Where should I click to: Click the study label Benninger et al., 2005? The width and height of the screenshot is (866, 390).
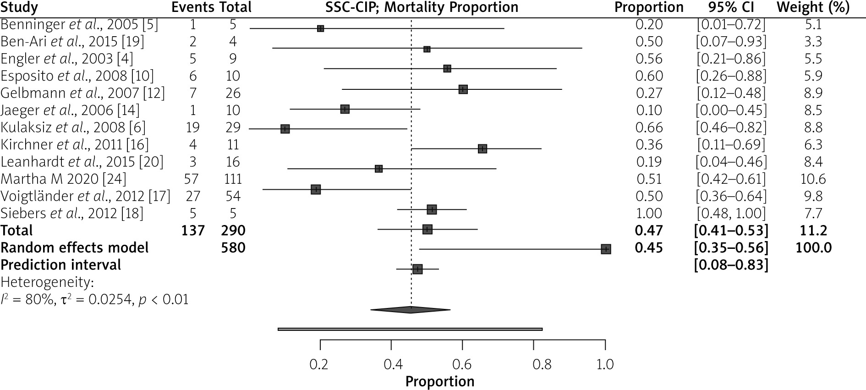79,25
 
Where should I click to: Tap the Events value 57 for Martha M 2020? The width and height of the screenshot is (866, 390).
193,179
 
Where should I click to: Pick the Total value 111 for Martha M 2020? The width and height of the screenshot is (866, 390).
233,179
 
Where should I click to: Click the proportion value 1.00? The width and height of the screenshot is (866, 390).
649,213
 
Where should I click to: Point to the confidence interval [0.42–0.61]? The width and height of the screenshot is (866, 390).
731,179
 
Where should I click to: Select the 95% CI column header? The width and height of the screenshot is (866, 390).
731,8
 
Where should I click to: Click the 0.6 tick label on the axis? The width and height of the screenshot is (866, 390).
462,365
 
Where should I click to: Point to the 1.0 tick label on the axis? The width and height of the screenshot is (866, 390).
605,365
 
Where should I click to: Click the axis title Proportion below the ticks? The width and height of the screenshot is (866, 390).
440,382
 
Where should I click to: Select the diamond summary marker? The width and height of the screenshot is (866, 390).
411,310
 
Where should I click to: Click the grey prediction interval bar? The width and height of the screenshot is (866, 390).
410,329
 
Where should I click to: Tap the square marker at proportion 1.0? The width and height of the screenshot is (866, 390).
606,249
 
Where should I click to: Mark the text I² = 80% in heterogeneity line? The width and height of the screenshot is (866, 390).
23,300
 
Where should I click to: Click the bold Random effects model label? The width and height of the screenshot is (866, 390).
75,248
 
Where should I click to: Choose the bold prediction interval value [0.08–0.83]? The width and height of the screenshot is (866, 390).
731,265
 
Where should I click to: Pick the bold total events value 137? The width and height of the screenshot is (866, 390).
193,231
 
